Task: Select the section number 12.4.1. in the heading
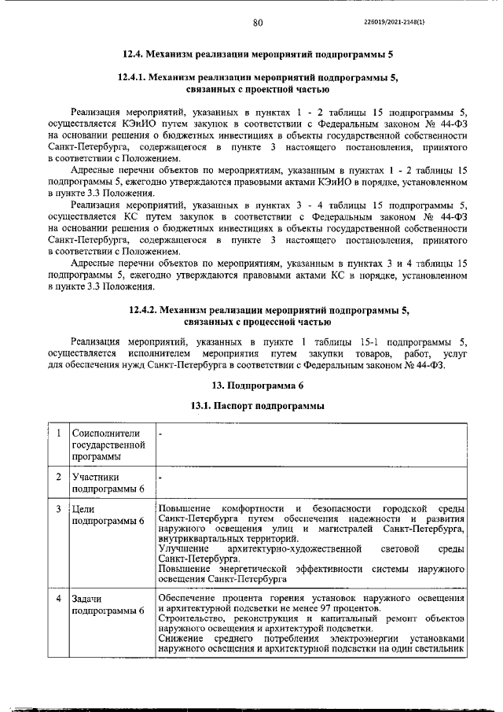pyautogui.click(x=132, y=79)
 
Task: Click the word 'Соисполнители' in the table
pyautogui.click(x=105, y=433)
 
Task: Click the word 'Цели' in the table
pyautogui.click(x=83, y=509)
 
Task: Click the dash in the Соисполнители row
pyautogui.click(x=160, y=433)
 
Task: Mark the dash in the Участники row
pyautogui.click(x=160, y=478)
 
